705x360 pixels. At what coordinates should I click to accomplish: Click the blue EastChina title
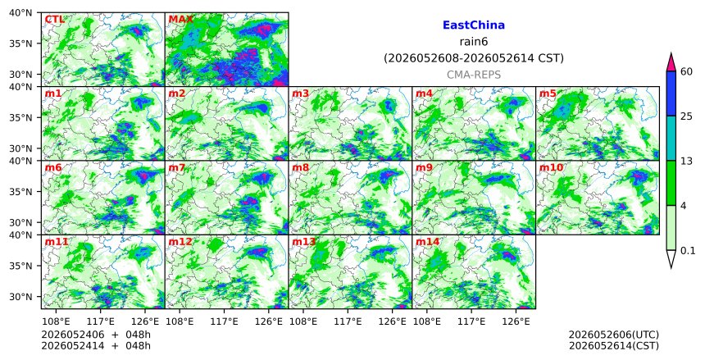pyautogui.click(x=474, y=25)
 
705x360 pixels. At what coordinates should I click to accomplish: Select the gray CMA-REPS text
pyautogui.click(x=474, y=75)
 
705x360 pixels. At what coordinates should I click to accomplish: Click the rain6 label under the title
pyautogui.click(x=474, y=42)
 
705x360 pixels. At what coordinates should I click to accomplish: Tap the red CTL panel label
pyautogui.click(x=54, y=20)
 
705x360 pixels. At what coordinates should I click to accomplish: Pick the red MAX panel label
pyautogui.click(x=180, y=20)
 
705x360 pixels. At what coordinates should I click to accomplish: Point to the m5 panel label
pyautogui.click(x=548, y=93)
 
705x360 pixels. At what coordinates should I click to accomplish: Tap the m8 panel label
pyautogui.click(x=300, y=168)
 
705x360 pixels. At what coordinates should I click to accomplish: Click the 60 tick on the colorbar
pyautogui.click(x=687, y=71)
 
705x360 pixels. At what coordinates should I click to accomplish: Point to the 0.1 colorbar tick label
pyautogui.click(x=688, y=251)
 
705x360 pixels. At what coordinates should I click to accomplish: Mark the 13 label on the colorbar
pyautogui.click(x=687, y=161)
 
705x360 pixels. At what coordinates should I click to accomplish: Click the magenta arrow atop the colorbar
pyautogui.click(x=671, y=62)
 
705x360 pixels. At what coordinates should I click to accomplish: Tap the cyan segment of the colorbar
pyautogui.click(x=671, y=138)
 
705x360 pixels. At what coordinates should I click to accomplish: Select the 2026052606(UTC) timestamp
pyautogui.click(x=614, y=335)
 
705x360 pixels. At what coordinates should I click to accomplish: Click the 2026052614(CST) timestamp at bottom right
pyautogui.click(x=614, y=346)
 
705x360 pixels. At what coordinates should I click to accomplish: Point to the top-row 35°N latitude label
pyautogui.click(x=20, y=43)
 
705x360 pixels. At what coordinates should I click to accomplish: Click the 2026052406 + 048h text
pyautogui.click(x=96, y=335)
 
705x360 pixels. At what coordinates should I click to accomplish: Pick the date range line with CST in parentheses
pyautogui.click(x=474, y=58)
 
